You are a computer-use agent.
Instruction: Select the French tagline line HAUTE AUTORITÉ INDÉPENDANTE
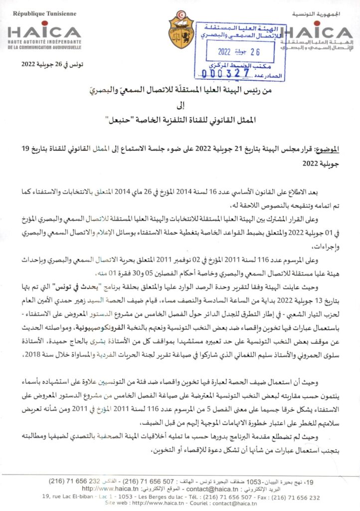(44, 42)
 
